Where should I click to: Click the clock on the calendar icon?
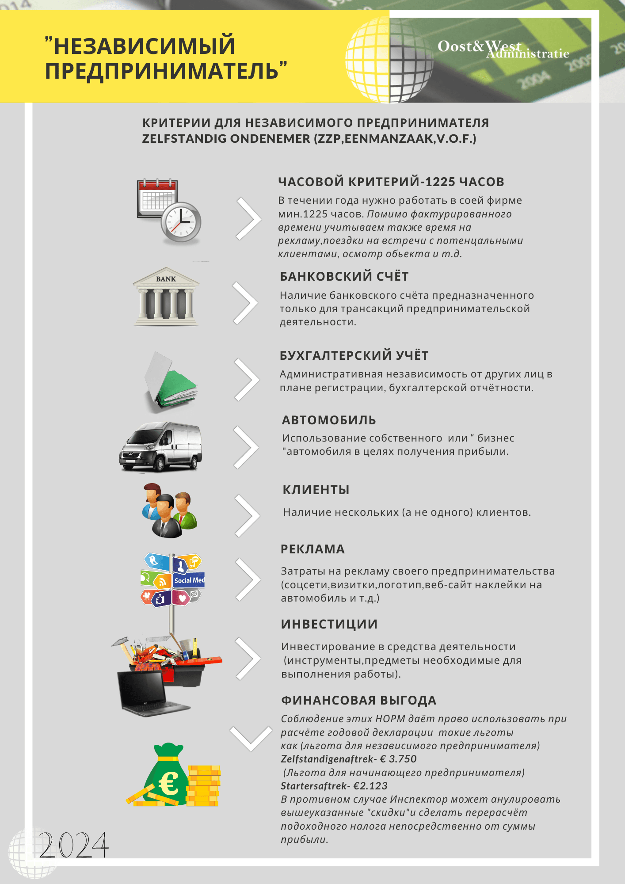pyautogui.click(x=181, y=221)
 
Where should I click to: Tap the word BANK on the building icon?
pyautogui.click(x=166, y=279)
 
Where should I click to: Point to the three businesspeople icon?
pyautogui.click(x=168, y=510)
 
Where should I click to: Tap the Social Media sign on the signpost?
pyautogui.click(x=189, y=580)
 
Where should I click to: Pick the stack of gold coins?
pyautogui.click(x=203, y=786)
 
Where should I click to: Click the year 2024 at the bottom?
pyautogui.click(x=73, y=845)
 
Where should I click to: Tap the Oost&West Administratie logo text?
pyautogui.click(x=503, y=49)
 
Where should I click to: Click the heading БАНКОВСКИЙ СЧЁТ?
pyautogui.click(x=344, y=277)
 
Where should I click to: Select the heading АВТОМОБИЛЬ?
pyautogui.click(x=329, y=420)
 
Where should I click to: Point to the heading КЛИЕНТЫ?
pyautogui.click(x=316, y=490)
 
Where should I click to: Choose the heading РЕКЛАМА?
pyautogui.click(x=312, y=549)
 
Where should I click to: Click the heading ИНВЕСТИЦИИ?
pyautogui.click(x=329, y=624)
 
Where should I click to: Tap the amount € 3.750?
pyautogui.click(x=398, y=759)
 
